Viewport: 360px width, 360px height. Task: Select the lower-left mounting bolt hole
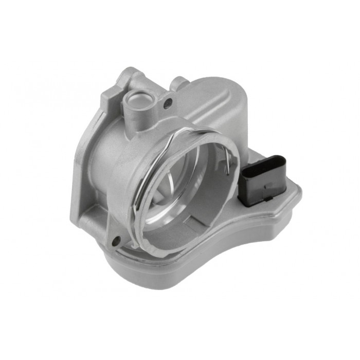coord(116,239)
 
